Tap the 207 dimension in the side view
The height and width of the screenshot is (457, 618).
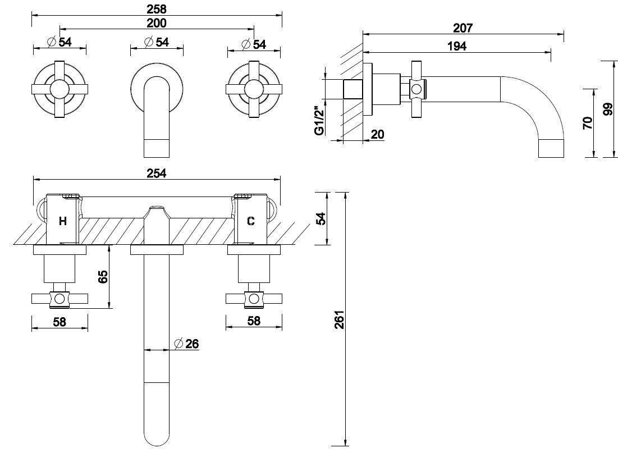point(463,28)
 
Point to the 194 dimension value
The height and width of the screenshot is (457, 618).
point(457,46)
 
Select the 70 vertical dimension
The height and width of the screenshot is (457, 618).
point(587,124)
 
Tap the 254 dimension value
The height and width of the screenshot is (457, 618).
point(157,173)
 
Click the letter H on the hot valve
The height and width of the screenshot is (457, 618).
point(63,221)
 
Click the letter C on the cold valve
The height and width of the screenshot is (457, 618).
point(250,221)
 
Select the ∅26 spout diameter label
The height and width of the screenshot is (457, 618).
point(187,344)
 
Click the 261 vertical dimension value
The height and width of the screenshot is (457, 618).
point(338,320)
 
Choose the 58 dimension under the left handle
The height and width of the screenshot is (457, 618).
point(59,322)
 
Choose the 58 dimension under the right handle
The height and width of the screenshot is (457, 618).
point(254,322)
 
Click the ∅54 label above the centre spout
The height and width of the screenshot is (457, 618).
point(157,43)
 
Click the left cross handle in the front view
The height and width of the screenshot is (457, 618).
point(59,89)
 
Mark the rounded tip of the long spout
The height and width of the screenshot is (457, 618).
point(157,439)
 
